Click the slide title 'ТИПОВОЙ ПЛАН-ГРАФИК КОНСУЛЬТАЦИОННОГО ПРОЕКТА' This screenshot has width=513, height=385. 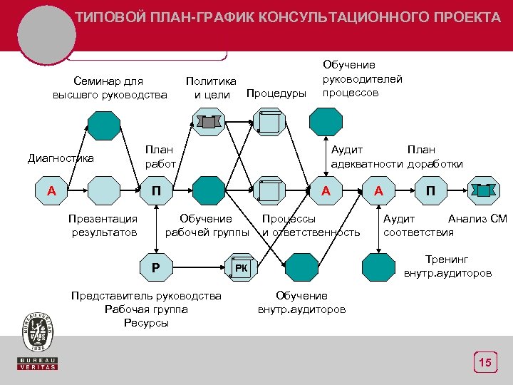(x=288, y=17)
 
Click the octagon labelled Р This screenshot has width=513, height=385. (x=155, y=267)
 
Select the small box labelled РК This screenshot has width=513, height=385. (x=242, y=267)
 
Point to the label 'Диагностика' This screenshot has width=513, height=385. (x=61, y=158)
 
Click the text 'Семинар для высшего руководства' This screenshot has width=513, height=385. (x=110, y=88)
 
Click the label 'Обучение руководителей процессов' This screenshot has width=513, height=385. (x=362, y=79)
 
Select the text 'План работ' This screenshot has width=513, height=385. (x=160, y=157)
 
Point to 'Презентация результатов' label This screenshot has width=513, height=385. (x=103, y=225)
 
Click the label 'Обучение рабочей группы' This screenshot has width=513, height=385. (x=206, y=225)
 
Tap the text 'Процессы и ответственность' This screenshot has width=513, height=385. (x=311, y=225)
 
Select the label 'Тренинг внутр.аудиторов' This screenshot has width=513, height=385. (x=447, y=266)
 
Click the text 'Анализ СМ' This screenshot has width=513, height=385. (x=477, y=219)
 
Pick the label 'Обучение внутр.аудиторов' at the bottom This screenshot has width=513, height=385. (x=301, y=302)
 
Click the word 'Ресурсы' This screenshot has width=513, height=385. (x=146, y=323)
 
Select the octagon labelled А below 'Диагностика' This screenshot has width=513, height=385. (x=51, y=190)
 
